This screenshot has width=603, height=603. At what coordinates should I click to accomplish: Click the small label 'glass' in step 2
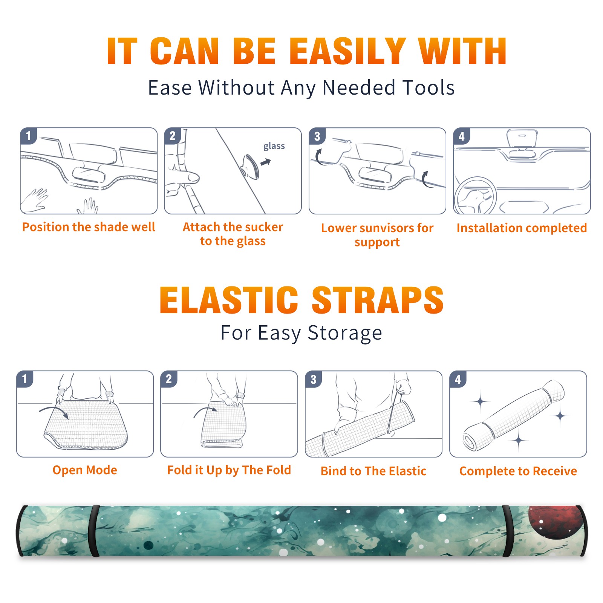point(274,146)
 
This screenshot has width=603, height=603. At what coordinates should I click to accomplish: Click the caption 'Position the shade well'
point(89,227)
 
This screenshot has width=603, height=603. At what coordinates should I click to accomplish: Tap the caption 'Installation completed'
point(522,228)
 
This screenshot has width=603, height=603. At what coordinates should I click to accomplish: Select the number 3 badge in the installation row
point(317,136)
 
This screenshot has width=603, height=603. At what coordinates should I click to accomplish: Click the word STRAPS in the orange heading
point(378,300)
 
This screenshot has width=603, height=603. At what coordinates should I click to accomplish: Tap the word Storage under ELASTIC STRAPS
point(345,333)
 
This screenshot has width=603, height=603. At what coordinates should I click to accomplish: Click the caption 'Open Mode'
point(85,470)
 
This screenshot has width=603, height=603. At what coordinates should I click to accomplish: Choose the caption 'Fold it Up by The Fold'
point(229,470)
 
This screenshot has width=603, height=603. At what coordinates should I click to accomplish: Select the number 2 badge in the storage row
point(168,379)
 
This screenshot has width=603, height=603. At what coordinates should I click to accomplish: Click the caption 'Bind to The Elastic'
point(373,471)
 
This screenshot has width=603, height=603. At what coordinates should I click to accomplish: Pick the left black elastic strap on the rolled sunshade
point(94,531)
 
